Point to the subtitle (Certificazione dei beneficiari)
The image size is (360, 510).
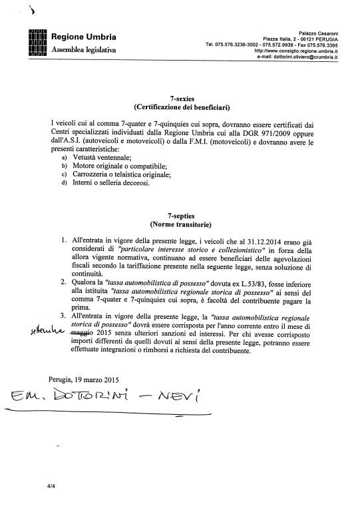click(x=180, y=107)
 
